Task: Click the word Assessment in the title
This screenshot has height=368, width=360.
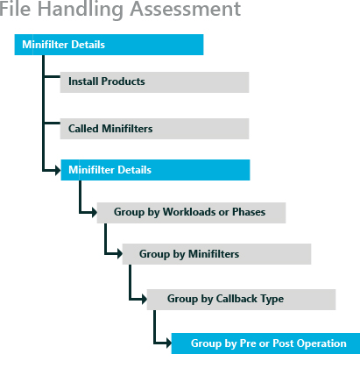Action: point(186,9)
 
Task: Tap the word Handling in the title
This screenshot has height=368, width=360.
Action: point(81,10)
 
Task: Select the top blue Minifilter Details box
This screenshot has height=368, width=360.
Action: point(109,45)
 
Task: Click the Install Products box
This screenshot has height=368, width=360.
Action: point(154,82)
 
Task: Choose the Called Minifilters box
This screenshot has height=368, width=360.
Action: point(154,129)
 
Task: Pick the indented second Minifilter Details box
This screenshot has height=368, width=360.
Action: point(155,170)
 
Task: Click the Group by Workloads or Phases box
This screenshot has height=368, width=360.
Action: point(191,213)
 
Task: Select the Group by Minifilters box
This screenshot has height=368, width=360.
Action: point(216,254)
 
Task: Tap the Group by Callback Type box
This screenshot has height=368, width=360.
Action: point(241,300)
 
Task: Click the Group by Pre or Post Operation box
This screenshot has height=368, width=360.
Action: point(265,343)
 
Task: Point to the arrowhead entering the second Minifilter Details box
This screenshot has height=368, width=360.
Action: point(58,170)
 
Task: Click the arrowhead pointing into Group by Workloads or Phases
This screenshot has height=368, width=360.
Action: point(94,212)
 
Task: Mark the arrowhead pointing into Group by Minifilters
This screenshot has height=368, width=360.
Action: point(119,253)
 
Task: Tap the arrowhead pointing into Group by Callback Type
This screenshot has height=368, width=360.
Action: point(144,299)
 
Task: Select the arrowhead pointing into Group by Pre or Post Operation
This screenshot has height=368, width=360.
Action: point(168,343)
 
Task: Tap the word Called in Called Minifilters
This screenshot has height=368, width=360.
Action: point(83,129)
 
